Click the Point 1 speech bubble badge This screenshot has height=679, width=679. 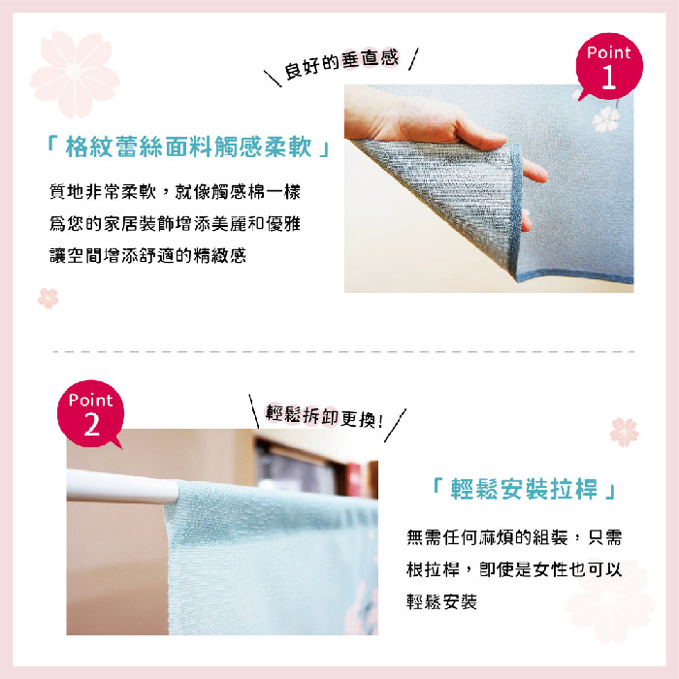[609, 66]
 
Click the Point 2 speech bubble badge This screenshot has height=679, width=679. [90, 413]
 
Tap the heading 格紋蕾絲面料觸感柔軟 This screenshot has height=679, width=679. [188, 146]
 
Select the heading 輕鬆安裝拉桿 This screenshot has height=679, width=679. [524, 489]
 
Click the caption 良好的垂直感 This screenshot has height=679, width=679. [340, 64]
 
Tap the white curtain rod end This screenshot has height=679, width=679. [122, 487]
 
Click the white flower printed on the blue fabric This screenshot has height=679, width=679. [605, 118]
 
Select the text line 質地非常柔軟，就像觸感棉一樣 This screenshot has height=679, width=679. [175, 191]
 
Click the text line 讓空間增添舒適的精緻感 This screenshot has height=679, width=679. [147, 255]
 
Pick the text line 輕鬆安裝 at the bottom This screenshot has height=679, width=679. [441, 601]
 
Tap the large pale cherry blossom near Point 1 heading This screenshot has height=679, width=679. [75, 74]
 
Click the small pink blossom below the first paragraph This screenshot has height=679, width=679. [48, 298]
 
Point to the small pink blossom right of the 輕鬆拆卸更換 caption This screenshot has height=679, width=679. [624, 432]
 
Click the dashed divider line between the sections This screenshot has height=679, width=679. [343, 351]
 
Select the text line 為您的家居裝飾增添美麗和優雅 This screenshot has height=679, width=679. [175, 223]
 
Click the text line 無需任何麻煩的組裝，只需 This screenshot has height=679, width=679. [514, 537]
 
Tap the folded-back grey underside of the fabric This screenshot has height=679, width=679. [450, 190]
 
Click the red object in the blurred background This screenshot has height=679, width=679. [354, 479]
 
